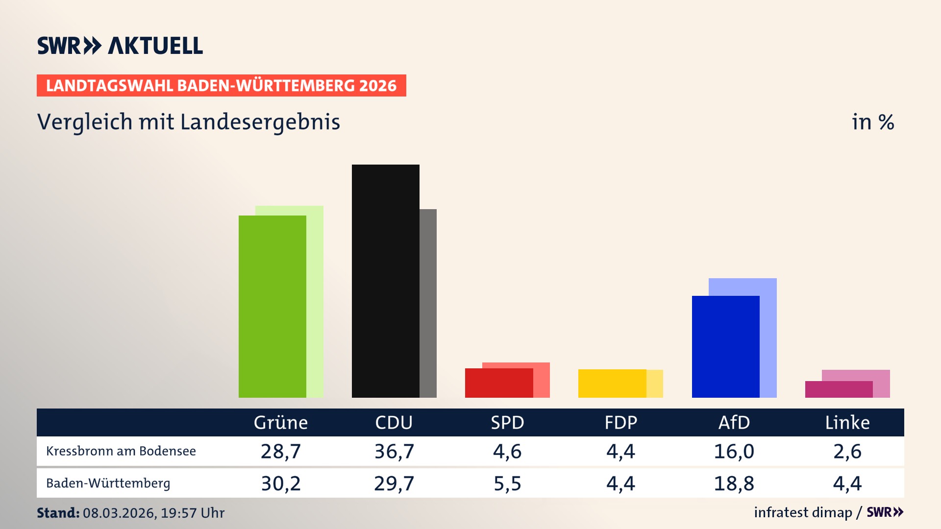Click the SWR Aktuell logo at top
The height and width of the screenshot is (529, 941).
(120, 46)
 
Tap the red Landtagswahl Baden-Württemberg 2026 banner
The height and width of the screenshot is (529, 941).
(221, 86)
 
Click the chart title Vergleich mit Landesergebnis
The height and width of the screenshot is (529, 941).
(189, 122)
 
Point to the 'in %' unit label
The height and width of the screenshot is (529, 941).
(873, 122)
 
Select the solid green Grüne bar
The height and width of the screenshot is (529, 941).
(272, 306)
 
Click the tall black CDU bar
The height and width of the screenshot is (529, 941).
(385, 281)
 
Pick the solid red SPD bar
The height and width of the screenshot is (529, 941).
(498, 383)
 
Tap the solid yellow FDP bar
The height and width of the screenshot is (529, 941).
(612, 383)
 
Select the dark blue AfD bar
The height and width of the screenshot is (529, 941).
(725, 346)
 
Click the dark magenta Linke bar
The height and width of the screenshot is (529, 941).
(839, 389)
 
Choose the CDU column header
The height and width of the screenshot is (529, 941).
(394, 422)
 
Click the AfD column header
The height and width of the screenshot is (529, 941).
(734, 422)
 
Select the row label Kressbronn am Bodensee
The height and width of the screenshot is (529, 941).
(121, 451)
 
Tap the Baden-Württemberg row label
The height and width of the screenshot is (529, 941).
(108, 483)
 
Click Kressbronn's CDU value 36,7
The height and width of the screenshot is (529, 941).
(394, 451)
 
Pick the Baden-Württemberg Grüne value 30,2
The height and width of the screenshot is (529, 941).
(281, 483)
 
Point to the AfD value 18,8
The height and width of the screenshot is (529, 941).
(734, 483)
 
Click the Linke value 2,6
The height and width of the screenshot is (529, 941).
(847, 451)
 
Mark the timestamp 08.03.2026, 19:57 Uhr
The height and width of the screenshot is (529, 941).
(153, 513)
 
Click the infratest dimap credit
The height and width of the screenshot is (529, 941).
(803, 512)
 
